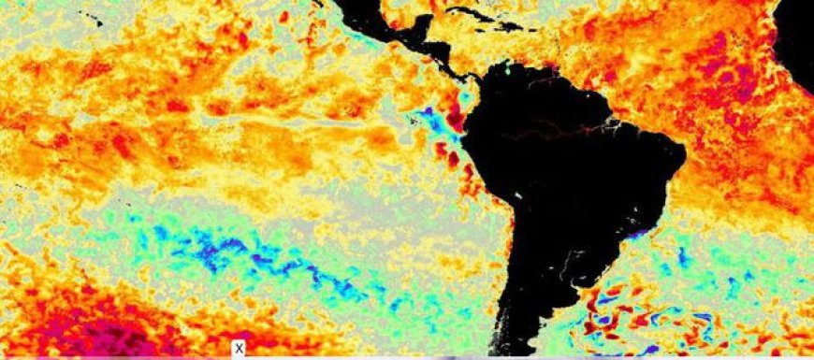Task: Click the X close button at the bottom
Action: tap(240, 349)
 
